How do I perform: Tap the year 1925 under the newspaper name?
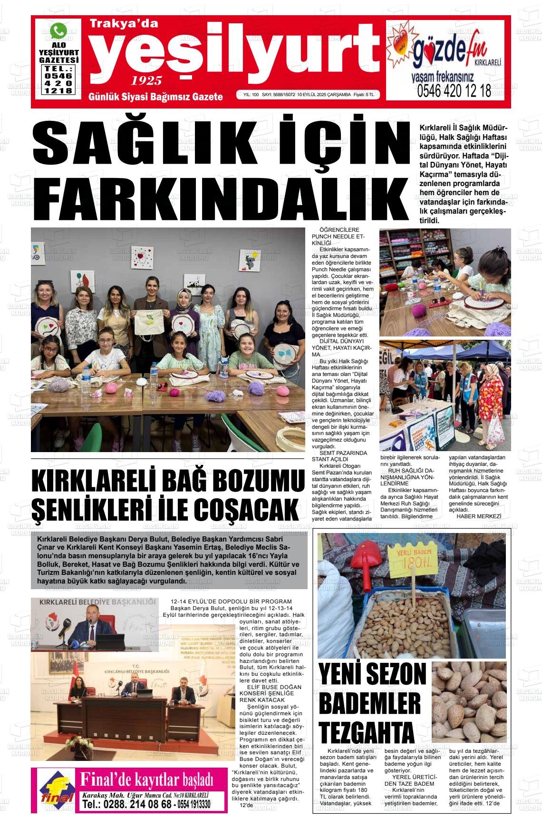tap(147, 80)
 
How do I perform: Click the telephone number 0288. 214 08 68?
tap(126, 804)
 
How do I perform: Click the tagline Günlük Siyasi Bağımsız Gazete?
tap(155, 97)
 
